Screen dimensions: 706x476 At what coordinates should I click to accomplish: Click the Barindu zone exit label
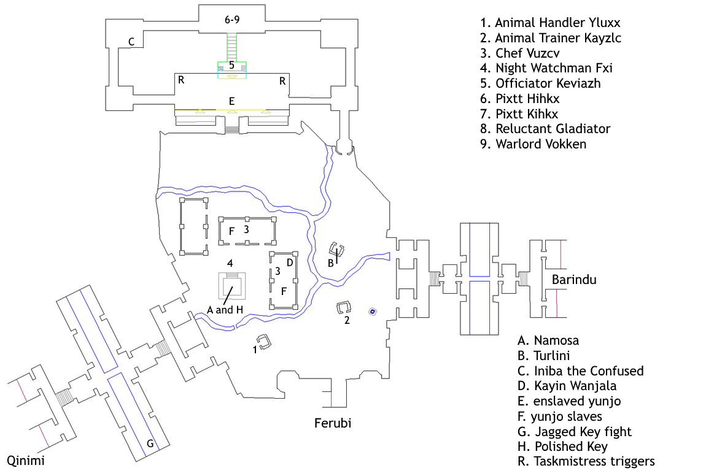(x=574, y=279)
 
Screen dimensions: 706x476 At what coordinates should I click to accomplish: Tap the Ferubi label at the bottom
(x=333, y=423)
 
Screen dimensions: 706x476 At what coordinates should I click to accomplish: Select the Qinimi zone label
(x=26, y=461)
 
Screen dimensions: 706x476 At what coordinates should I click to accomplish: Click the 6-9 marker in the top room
(x=232, y=20)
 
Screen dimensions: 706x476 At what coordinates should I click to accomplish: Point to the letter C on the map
(x=131, y=42)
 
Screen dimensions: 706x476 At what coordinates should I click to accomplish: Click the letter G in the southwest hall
(x=150, y=443)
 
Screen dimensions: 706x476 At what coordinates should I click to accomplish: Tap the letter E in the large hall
(x=231, y=101)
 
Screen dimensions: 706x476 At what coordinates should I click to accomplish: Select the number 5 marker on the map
(x=231, y=65)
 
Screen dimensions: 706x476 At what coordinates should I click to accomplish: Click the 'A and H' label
(x=225, y=310)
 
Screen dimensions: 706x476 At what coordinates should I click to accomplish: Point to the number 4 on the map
(x=230, y=263)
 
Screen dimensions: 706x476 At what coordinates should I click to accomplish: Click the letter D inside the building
(x=290, y=263)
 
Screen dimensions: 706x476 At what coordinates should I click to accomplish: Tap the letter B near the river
(x=330, y=263)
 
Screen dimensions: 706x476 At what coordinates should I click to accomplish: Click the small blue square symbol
(x=373, y=312)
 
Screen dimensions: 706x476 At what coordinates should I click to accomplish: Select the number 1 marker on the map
(x=255, y=349)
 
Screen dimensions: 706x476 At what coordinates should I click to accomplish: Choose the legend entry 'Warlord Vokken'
(x=533, y=144)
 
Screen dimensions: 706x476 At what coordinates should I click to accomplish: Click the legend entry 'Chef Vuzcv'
(x=519, y=53)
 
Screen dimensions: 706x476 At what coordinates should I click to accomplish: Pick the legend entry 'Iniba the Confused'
(x=580, y=370)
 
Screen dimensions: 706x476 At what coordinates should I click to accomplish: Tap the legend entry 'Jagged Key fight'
(x=575, y=431)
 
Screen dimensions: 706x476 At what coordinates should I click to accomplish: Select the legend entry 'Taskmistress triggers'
(x=586, y=461)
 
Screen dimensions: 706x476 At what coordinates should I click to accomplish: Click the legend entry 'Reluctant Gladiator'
(x=545, y=129)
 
